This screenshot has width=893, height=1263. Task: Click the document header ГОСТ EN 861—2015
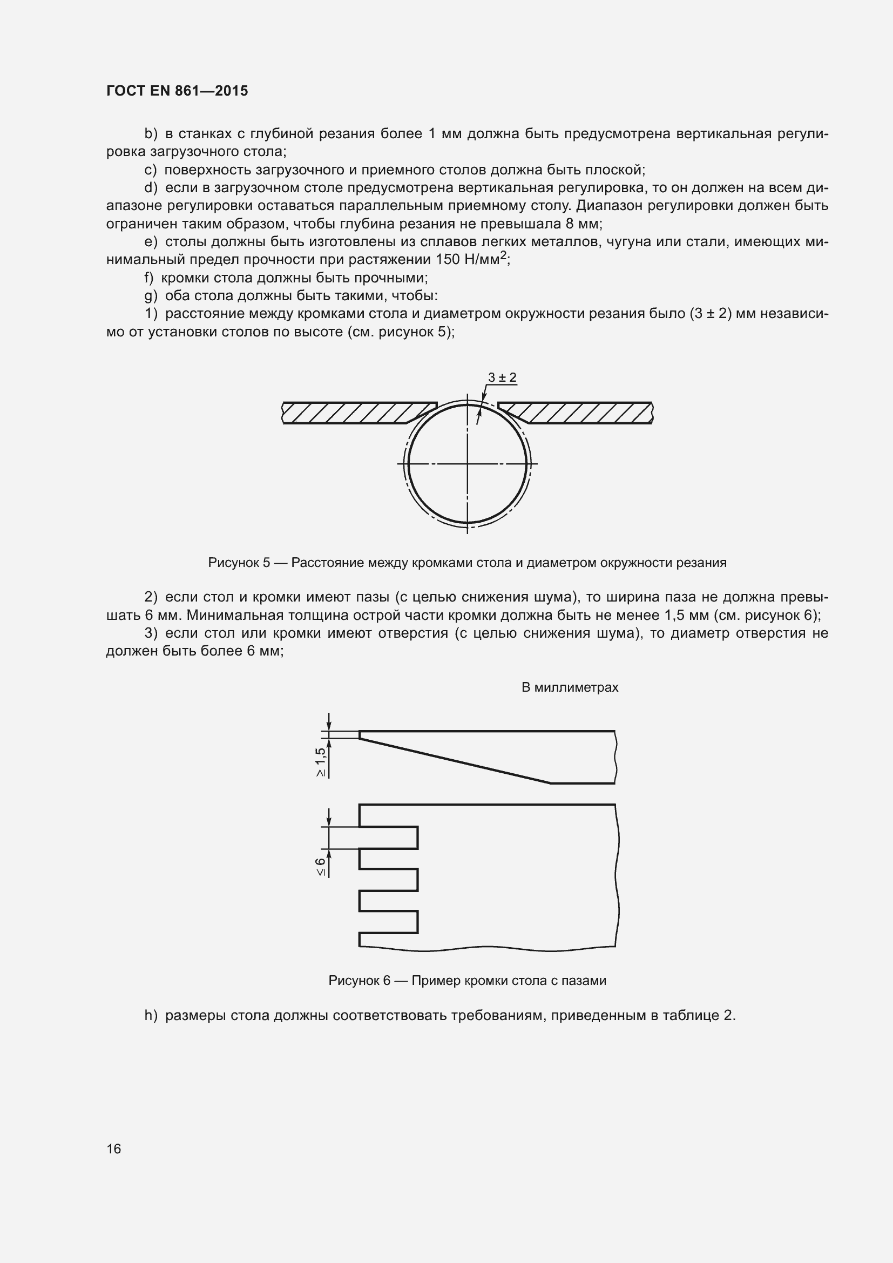pyautogui.click(x=177, y=91)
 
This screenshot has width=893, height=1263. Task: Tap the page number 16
pyautogui.click(x=114, y=1149)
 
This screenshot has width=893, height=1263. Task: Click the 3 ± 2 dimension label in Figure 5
pyautogui.click(x=502, y=377)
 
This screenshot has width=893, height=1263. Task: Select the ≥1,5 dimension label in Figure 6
pyautogui.click(x=321, y=762)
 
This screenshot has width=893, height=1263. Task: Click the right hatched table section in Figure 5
pyautogui.click(x=583, y=413)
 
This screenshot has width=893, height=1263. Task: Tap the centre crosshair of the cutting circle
pyautogui.click(x=468, y=464)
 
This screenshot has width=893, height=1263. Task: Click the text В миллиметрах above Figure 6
pyautogui.click(x=570, y=687)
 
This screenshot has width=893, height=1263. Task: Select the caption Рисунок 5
pyautogui.click(x=468, y=563)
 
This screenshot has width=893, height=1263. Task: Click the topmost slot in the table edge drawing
pyautogui.click(x=388, y=838)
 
